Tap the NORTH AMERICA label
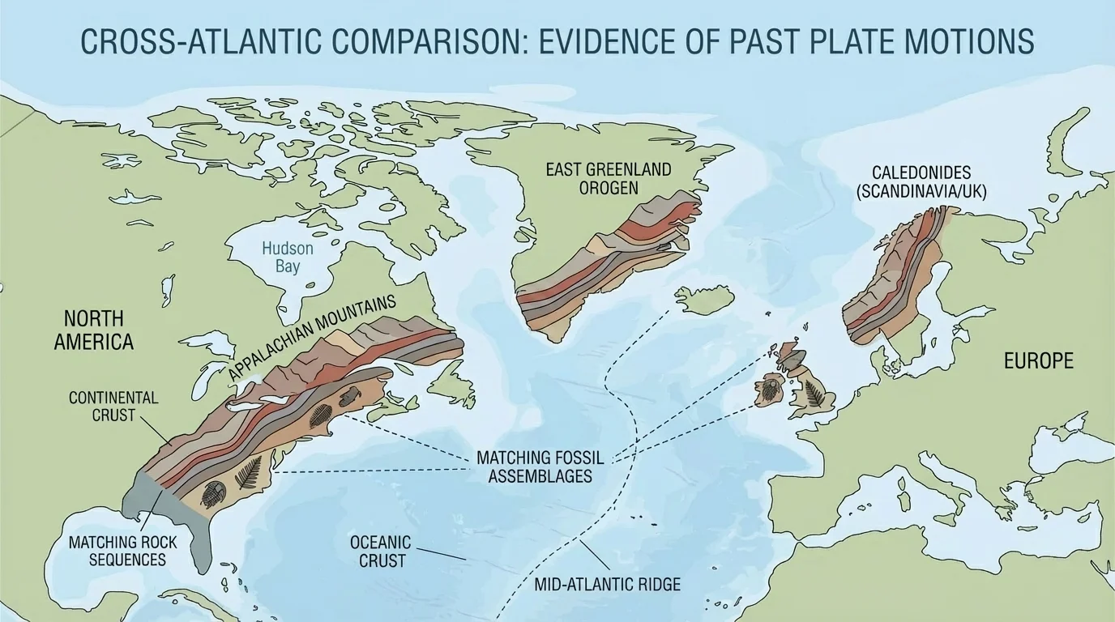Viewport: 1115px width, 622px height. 93,330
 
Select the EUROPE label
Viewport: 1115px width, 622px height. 1038,360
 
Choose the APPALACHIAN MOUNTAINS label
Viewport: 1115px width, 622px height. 312,336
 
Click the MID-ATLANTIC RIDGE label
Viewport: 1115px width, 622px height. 608,584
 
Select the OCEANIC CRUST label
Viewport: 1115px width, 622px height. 380,551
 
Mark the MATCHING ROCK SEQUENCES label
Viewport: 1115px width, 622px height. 117,550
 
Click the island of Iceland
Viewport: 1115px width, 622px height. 704,300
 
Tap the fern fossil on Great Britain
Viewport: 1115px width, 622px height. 814,394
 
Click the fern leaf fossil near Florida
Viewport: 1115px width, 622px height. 248,472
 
